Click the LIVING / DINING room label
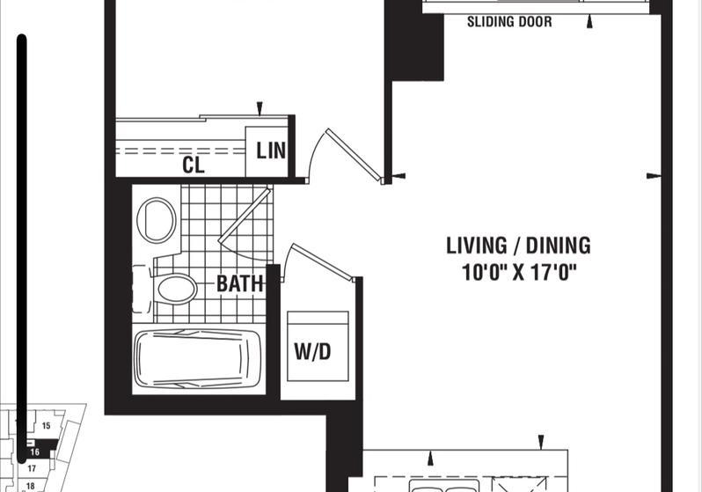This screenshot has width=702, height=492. tap(518, 246)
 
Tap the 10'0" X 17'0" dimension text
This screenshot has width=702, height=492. tap(518, 272)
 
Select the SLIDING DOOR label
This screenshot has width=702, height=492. tap(509, 21)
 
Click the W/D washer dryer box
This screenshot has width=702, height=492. tap(318, 347)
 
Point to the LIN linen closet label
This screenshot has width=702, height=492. tap(271, 151)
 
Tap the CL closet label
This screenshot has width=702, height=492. tap(194, 165)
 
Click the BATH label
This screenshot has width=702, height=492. tap(239, 283)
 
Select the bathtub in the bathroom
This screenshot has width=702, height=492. tap(197, 359)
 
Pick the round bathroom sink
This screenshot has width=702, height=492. tap(157, 220)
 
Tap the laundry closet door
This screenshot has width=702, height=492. tap(321, 262)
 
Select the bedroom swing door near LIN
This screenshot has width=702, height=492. tap(354, 155)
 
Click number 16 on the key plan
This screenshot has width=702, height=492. tap(35, 452)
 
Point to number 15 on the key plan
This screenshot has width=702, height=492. tap(46, 426)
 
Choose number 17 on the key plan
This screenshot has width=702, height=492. tap(32, 469)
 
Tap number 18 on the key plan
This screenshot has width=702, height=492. tap(31, 486)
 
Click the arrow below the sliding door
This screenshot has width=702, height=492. tap(589, 21)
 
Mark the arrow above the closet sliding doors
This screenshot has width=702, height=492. tap(260, 108)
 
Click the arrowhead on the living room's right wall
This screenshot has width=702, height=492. tap(654, 176)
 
